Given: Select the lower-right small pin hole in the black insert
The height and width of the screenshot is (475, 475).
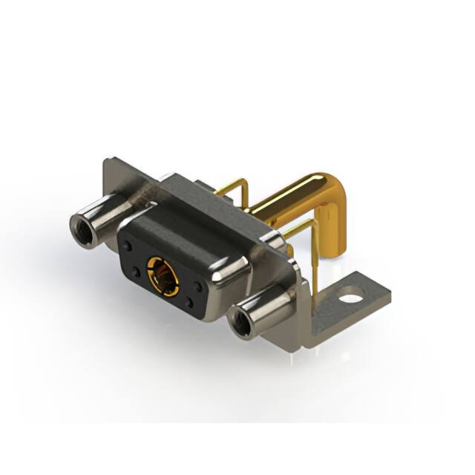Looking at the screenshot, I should (x=190, y=301).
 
